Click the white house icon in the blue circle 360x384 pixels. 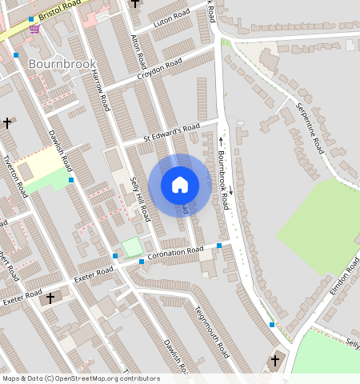(180, 185)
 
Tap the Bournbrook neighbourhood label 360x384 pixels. (62, 63)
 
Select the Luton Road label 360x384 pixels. (170, 16)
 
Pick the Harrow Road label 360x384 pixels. (98, 90)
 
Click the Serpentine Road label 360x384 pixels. (309, 128)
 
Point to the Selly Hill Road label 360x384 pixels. (139, 198)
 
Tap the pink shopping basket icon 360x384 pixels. (34, 29)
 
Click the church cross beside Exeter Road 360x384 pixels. (50, 298)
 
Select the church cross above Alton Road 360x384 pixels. (134, 3)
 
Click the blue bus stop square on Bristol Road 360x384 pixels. (31, 18)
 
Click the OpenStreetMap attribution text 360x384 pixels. (80, 378)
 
